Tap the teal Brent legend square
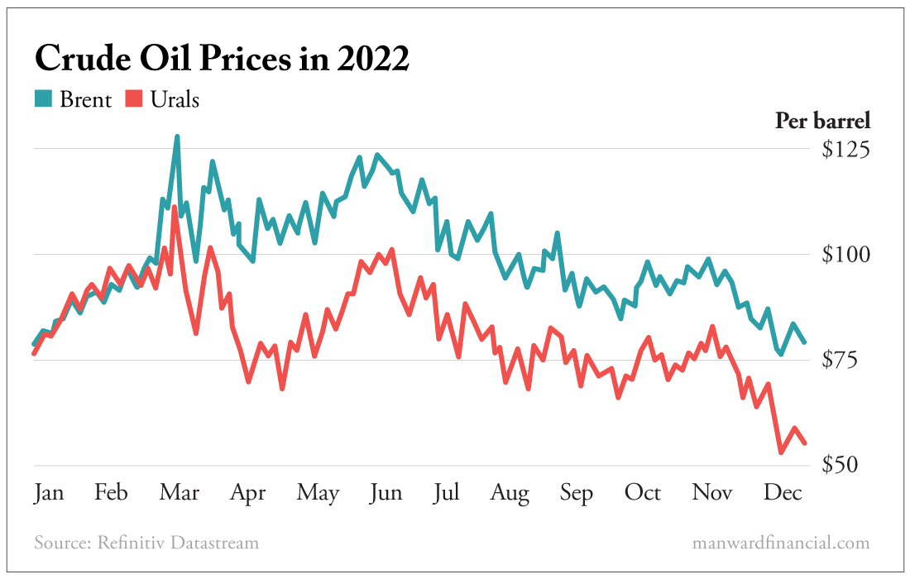[x=42, y=99]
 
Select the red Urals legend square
[x=133, y=99]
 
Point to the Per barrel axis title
[x=822, y=121]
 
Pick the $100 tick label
[x=845, y=255]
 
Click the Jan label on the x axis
[x=49, y=493]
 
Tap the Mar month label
[x=180, y=493]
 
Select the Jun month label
[x=386, y=493]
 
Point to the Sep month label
[x=576, y=493]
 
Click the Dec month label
[x=782, y=493]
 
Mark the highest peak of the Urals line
[x=175, y=208]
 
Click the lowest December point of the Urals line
[x=781, y=452]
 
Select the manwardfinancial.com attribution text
[x=780, y=543]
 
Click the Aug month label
[x=510, y=493]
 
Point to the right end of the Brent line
[x=805, y=342]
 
